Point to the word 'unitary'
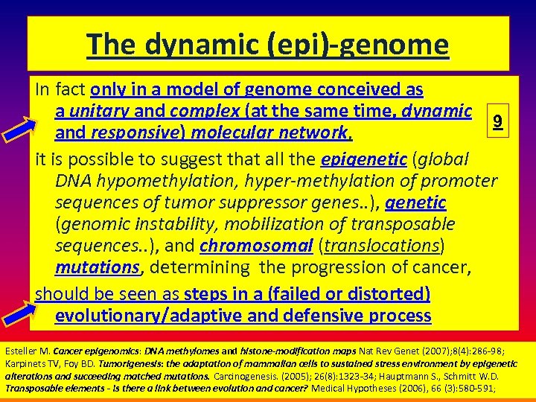[x=103, y=112]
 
